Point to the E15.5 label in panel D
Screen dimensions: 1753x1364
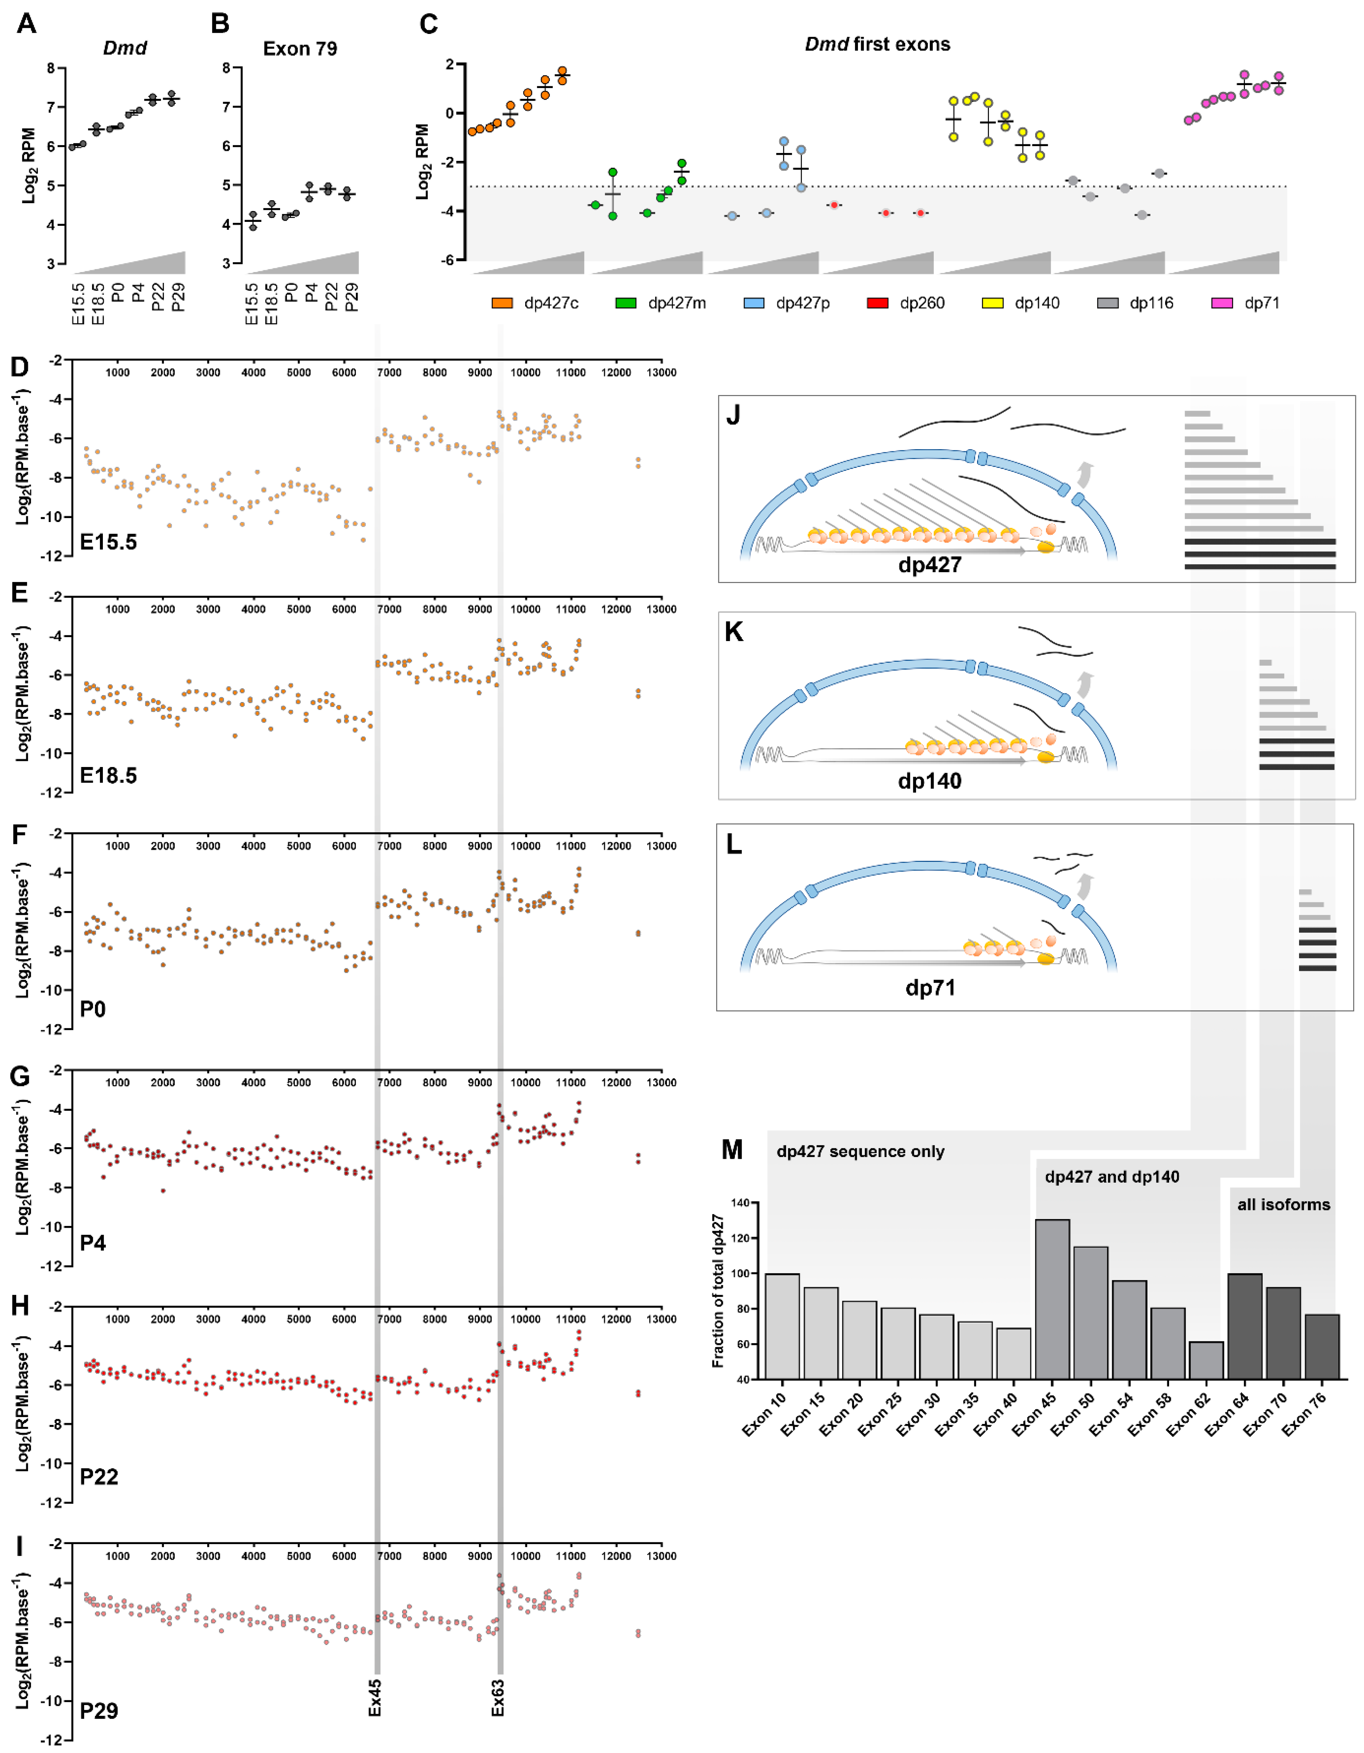pyautogui.click(x=108, y=543)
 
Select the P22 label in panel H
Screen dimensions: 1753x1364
pyautogui.click(x=100, y=1477)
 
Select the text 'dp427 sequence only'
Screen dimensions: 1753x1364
pyautogui.click(x=860, y=1152)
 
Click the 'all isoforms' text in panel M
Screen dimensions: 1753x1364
pyautogui.click(x=1283, y=1205)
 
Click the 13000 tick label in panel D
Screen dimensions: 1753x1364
pyautogui.click(x=662, y=372)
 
